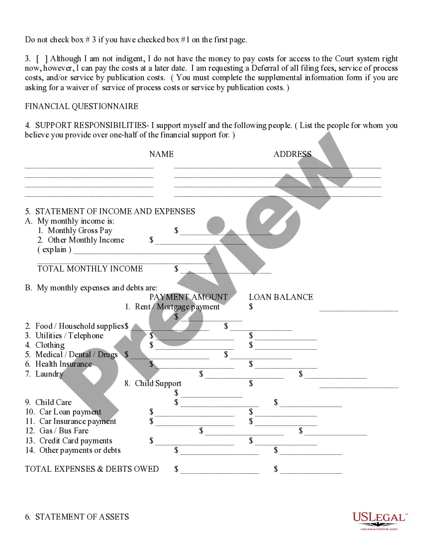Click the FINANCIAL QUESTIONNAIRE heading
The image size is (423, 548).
82,106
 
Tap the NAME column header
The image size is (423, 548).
161,154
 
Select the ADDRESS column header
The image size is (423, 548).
292,154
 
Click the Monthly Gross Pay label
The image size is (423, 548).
80,230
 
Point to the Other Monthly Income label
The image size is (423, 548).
86,240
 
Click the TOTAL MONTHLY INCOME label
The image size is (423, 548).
90,269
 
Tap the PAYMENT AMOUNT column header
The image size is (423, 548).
188,297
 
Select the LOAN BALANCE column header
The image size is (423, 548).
281,297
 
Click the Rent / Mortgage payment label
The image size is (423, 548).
177,306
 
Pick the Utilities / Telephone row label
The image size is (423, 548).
69,335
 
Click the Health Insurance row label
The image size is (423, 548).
64,364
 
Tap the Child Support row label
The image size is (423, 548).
158,383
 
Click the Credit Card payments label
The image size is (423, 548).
76,440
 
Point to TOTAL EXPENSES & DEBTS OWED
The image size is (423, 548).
92,469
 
